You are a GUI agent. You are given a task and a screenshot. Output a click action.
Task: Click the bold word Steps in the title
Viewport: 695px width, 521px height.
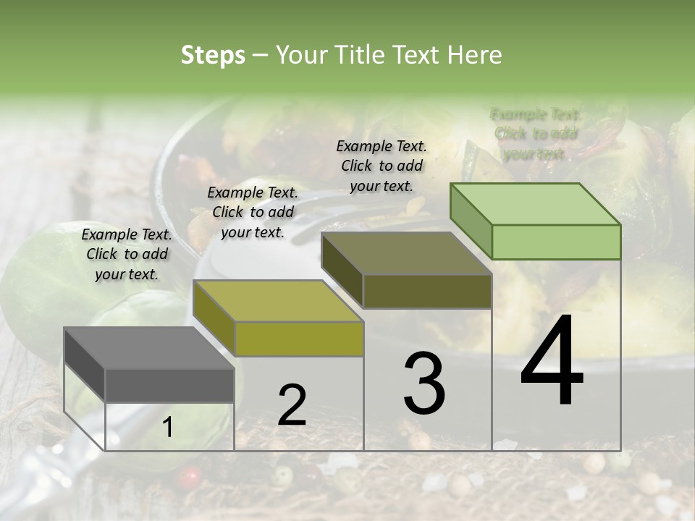(x=213, y=55)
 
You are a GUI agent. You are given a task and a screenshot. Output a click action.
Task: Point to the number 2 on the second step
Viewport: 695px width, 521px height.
(x=292, y=404)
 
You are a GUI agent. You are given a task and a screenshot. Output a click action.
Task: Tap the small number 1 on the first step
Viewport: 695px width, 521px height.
(x=168, y=428)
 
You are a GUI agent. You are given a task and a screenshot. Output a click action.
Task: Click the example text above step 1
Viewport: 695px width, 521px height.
(x=127, y=254)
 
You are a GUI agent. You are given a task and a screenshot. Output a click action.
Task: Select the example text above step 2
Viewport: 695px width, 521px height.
(x=252, y=212)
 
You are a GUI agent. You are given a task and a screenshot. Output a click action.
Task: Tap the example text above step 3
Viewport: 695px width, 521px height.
(x=382, y=166)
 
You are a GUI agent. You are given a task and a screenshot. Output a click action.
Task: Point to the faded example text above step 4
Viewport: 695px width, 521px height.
(x=535, y=134)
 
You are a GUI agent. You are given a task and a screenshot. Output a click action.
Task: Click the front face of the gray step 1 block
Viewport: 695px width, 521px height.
(x=169, y=385)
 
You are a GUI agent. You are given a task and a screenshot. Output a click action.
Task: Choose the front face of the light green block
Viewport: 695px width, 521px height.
(x=556, y=242)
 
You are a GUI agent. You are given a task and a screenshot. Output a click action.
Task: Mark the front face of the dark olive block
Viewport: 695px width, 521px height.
(x=427, y=291)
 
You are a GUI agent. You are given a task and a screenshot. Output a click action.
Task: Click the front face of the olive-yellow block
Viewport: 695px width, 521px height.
(x=299, y=339)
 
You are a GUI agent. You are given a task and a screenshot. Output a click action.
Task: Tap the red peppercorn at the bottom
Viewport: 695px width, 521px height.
(x=190, y=475)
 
